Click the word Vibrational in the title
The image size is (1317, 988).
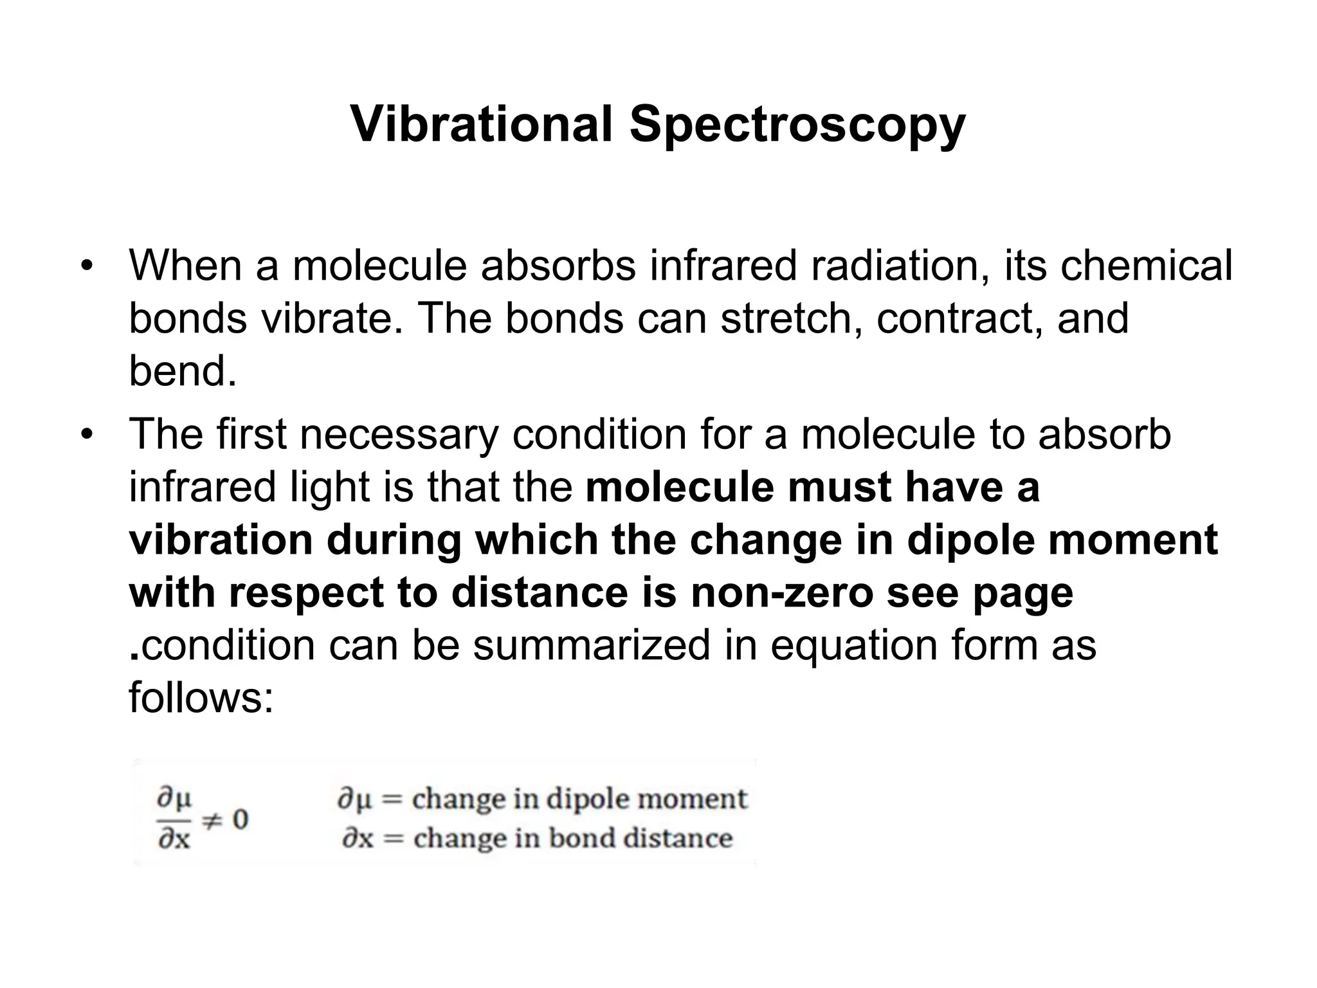tap(481, 123)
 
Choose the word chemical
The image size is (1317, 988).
tap(1146, 265)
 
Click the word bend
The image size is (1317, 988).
tap(182, 371)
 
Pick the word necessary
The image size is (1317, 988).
tap(399, 434)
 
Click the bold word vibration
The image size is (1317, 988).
tap(221, 539)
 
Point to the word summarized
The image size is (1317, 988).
tap(591, 645)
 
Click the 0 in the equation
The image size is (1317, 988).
tap(240, 819)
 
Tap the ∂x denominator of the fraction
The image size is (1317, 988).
tap(174, 839)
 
